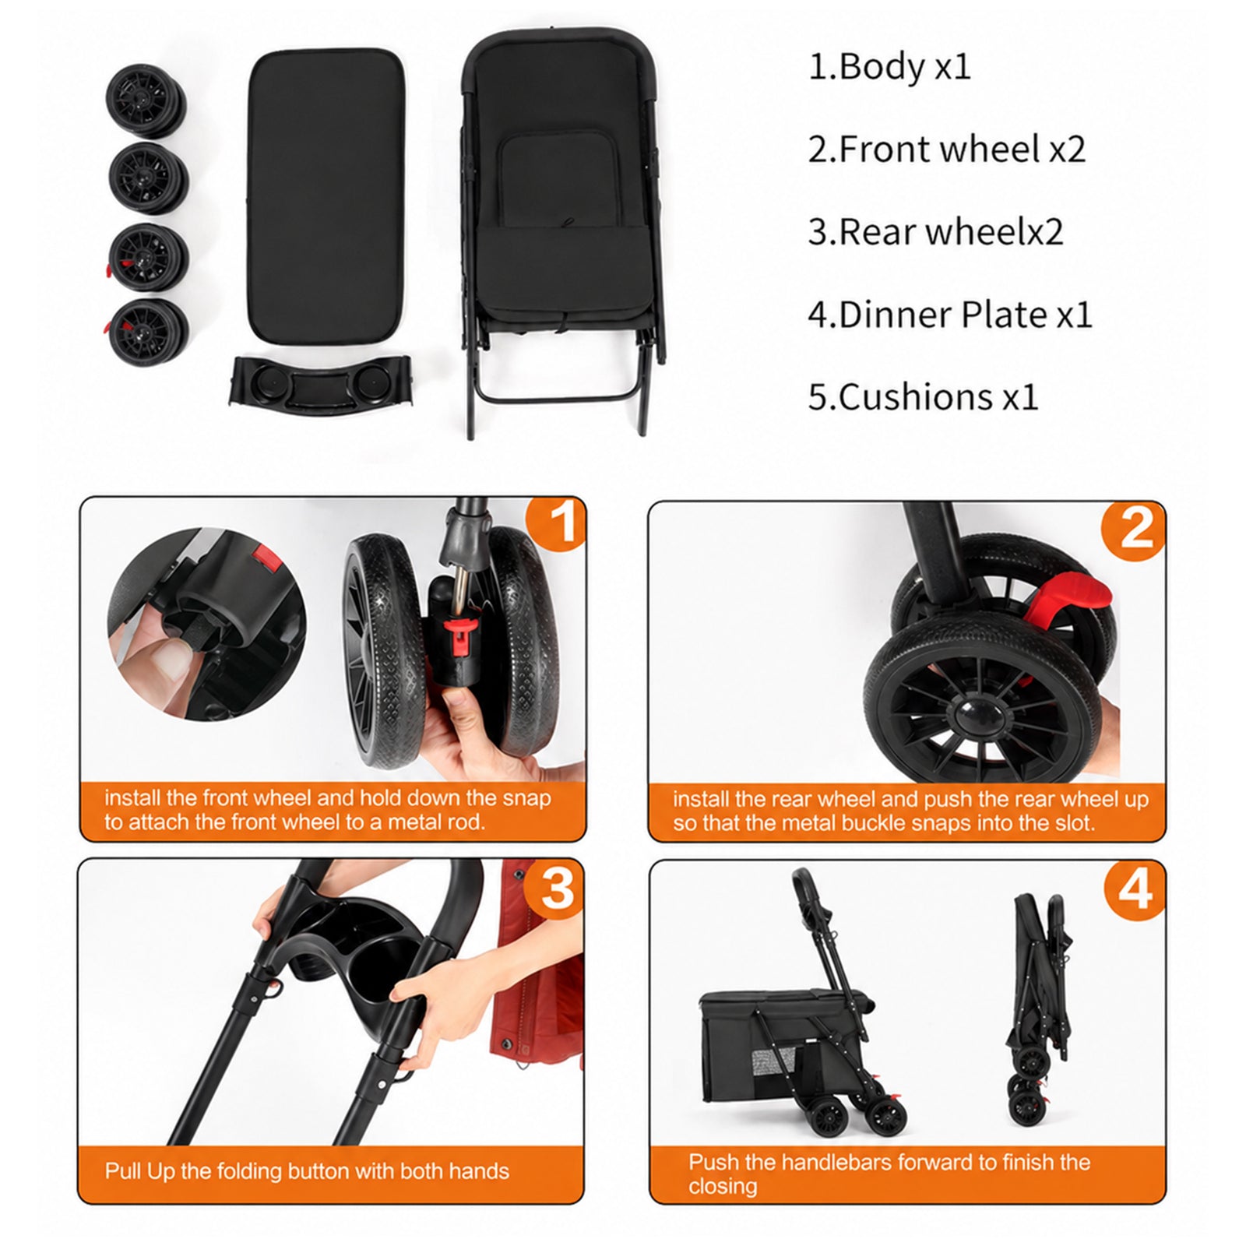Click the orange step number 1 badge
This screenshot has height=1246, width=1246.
click(x=556, y=523)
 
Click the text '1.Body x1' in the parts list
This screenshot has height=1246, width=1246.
click(x=890, y=67)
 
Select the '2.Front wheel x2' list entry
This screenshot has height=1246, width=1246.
click(x=947, y=149)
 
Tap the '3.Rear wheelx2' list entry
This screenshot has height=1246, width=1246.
click(x=935, y=231)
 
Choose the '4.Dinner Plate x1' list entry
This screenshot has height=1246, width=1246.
click(x=950, y=315)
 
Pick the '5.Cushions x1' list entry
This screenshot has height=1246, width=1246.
click(x=924, y=397)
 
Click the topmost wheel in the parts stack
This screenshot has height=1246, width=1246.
click(x=147, y=101)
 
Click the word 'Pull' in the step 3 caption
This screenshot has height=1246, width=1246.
click(x=123, y=1171)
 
